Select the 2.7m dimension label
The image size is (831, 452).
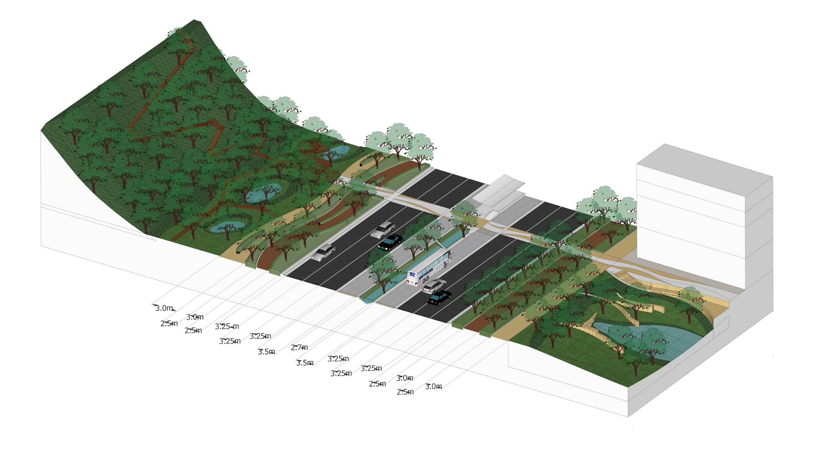[299, 347]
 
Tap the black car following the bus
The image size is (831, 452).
[439, 297]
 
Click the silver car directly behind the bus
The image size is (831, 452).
[433, 285]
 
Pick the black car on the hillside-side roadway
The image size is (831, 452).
[390, 242]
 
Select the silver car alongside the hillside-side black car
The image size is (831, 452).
[383, 229]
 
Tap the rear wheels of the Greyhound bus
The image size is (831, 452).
[425, 280]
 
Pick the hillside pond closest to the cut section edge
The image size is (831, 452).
[227, 226]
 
